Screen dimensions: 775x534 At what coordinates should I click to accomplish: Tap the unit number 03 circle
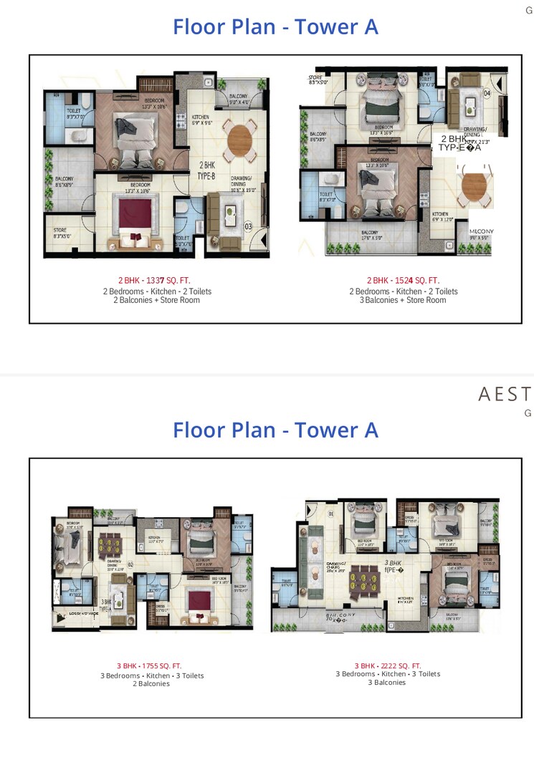coord(249,227)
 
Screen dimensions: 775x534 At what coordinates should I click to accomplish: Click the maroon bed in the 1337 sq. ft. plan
coord(131,215)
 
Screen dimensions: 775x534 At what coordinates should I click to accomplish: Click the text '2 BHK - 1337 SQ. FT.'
coord(154,280)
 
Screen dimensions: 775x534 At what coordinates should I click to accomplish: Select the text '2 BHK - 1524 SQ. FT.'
coord(403,280)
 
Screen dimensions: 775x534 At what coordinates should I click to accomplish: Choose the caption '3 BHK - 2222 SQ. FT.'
coord(388,665)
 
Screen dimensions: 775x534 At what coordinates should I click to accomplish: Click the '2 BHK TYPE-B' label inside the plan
coord(206,169)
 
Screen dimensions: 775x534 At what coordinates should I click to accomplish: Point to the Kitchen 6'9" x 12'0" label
coord(442,216)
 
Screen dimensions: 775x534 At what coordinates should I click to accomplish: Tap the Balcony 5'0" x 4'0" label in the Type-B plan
coord(239,99)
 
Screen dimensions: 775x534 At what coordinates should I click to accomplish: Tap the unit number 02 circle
coord(130,564)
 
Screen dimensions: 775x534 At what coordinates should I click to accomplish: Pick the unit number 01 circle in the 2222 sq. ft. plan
coord(331,514)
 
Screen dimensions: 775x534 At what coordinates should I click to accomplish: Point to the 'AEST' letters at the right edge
coord(505,394)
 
